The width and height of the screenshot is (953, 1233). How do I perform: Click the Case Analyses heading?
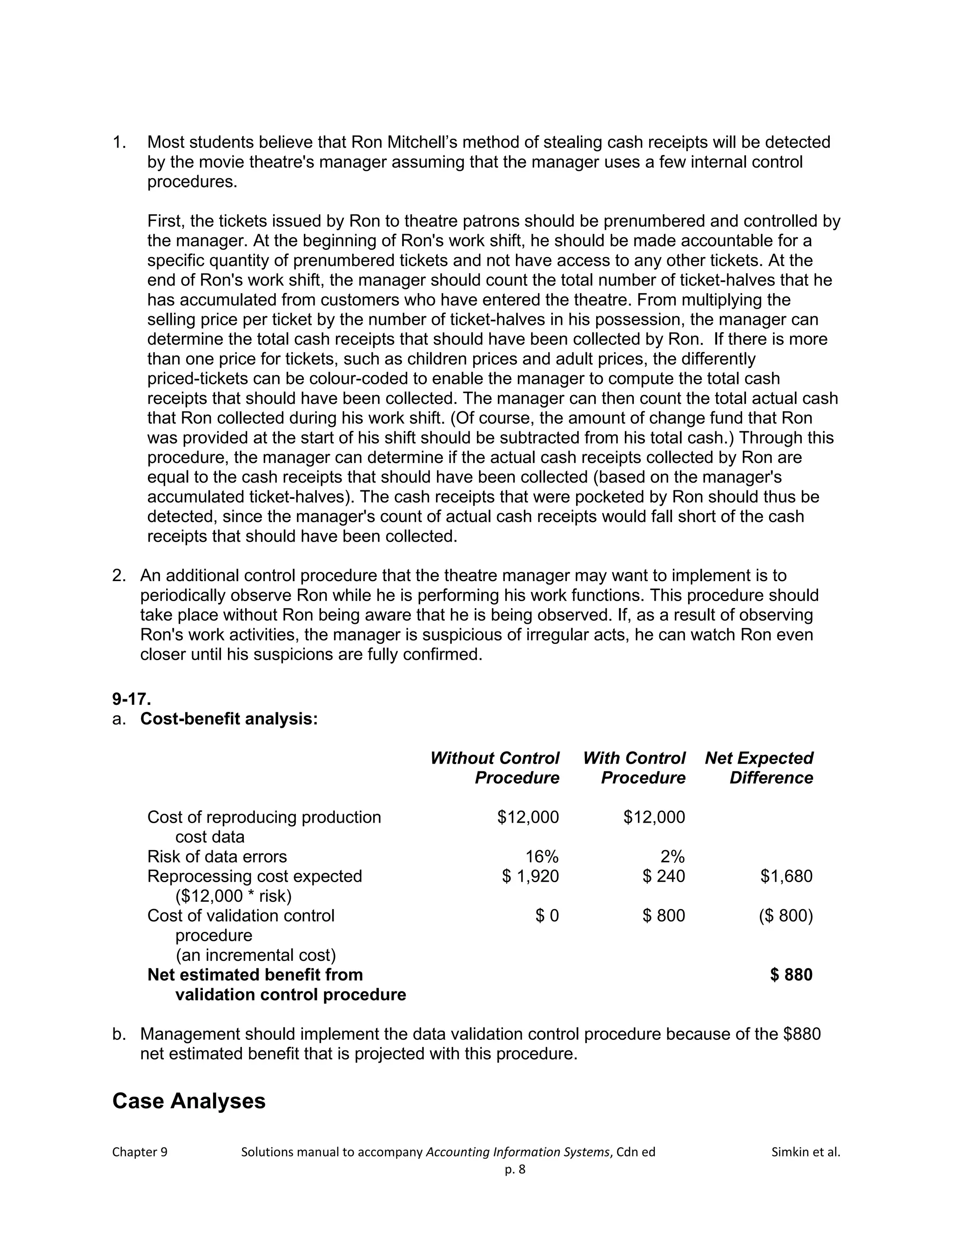[x=188, y=1101]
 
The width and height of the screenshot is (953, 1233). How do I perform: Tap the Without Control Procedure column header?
[x=495, y=768]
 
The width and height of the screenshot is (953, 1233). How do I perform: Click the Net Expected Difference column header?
[x=759, y=768]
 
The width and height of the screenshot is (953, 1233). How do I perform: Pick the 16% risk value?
[x=542, y=857]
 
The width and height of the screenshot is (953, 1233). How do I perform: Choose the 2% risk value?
[x=672, y=857]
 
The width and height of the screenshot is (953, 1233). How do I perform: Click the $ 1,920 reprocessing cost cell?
[x=530, y=876]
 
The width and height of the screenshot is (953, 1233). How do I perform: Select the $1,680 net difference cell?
[x=786, y=876]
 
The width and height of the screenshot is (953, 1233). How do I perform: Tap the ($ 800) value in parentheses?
[x=786, y=916]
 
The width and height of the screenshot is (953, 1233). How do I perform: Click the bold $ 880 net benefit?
[x=791, y=975]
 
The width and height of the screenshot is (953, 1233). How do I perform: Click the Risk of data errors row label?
[x=217, y=857]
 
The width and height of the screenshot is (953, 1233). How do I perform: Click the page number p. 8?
[x=515, y=1169]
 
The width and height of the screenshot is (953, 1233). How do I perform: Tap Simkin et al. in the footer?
[x=805, y=1152]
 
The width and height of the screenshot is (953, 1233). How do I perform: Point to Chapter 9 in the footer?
[x=140, y=1152]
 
